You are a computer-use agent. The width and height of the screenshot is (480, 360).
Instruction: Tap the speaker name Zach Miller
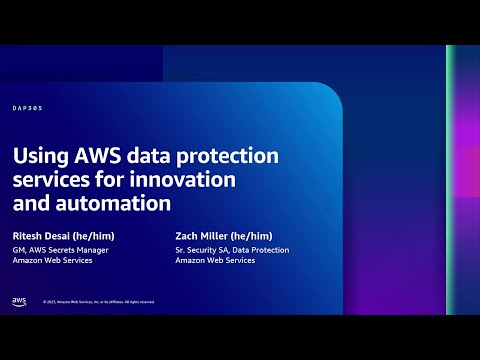[204, 236]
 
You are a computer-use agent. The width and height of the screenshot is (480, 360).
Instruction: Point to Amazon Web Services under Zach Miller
[214, 260]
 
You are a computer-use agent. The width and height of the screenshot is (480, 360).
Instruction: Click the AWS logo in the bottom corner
[19, 301]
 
